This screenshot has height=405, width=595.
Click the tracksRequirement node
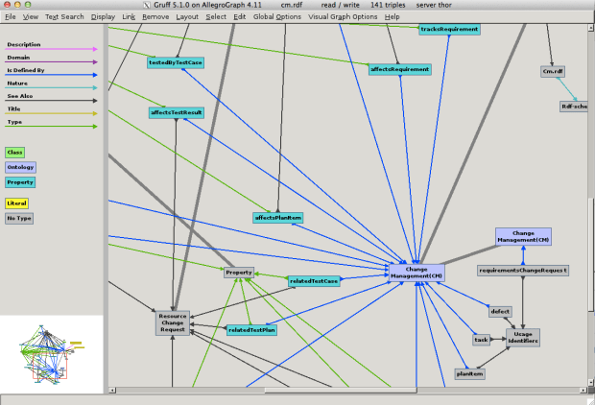[449, 29]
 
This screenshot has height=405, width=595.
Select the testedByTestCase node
[176, 62]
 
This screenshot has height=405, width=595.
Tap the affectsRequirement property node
[399, 69]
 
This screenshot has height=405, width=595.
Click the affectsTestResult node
[177, 112]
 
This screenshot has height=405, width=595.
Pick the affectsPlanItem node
[278, 218]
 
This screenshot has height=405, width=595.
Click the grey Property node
[238, 273]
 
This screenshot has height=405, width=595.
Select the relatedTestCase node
[314, 281]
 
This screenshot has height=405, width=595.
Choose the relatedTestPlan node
[251, 329]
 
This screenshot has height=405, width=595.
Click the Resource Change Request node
[173, 323]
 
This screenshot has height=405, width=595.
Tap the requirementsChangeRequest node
[523, 271]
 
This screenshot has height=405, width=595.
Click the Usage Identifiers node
[523, 337]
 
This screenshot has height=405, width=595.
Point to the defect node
[500, 311]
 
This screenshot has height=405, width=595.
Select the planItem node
[469, 373]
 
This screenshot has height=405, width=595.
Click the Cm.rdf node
[553, 71]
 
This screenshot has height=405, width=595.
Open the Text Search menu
[64, 17]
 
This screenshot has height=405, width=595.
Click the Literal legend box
[17, 203]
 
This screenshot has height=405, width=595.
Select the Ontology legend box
[20, 167]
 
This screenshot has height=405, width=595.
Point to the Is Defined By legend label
[26, 71]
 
